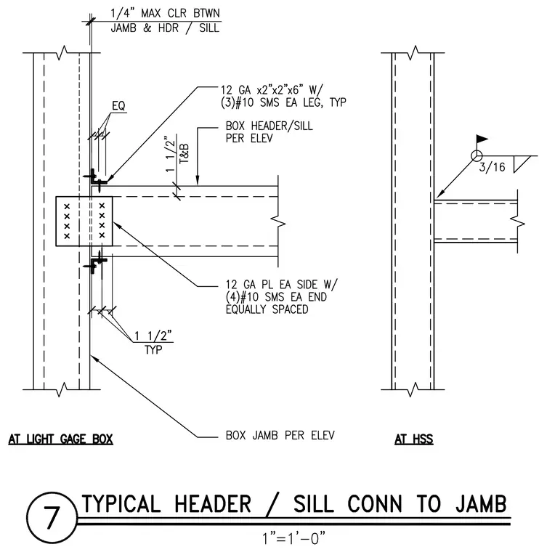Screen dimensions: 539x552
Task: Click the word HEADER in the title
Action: coord(213,503)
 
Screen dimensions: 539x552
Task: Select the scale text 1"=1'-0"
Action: coord(293,538)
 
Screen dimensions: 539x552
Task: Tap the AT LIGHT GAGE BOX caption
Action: coord(60,439)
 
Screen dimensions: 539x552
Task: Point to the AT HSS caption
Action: coord(413,439)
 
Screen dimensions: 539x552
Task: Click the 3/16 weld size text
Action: coord(492,167)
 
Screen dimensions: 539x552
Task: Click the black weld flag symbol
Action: coord(482,139)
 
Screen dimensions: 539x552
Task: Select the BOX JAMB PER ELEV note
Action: coord(280,436)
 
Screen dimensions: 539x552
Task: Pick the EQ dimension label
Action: coord(118,105)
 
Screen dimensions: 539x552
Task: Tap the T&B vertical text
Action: coord(184,153)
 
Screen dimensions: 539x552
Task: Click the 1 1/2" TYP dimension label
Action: coord(153,343)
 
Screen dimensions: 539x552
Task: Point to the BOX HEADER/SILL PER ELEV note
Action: coord(269,132)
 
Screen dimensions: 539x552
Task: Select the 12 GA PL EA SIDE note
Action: coord(281,284)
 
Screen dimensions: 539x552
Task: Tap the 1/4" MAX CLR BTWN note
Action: coord(165,13)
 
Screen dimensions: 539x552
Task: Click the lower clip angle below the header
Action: coord(94,262)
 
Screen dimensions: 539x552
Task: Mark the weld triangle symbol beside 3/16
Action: coord(520,163)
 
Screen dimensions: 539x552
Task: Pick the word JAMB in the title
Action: coord(481,503)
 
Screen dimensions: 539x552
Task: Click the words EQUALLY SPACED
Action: coord(267,309)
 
